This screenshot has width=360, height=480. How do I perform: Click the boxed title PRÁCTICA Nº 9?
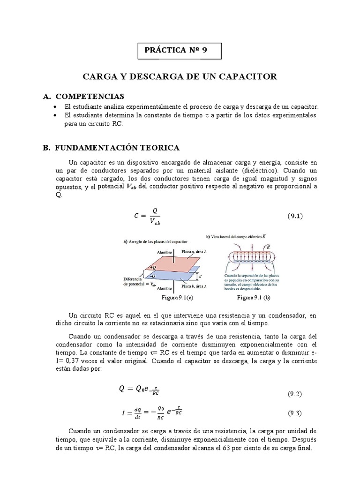tap(180, 52)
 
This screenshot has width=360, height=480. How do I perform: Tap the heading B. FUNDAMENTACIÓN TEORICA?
tap(111, 148)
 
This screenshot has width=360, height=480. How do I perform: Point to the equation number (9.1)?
tap(296, 216)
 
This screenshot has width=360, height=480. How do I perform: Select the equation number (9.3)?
tap(294, 413)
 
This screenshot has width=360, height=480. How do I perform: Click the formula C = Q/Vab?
tap(148, 217)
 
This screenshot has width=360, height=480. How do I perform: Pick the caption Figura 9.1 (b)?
tap(254, 298)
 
